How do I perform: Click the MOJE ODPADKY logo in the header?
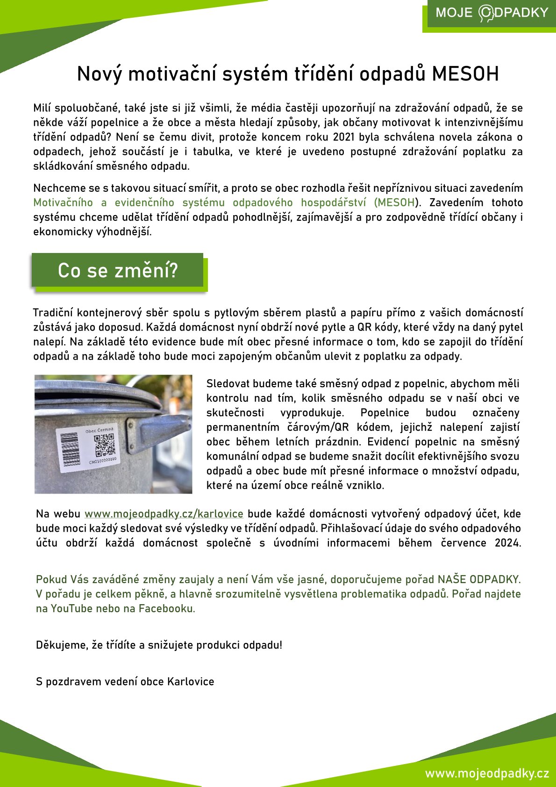pos(492,13)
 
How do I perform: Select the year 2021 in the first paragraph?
pos(343,137)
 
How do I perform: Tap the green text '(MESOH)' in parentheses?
pos(397,202)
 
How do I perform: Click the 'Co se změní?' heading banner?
pos(118,270)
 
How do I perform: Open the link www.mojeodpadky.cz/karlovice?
pos(164,513)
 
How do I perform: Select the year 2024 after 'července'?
pos(507,543)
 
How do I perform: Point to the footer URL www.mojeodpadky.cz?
pos(487,773)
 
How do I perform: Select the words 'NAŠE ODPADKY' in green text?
pos(478,579)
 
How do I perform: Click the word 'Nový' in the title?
pos(99,74)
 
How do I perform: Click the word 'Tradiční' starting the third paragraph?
pos(53,312)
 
